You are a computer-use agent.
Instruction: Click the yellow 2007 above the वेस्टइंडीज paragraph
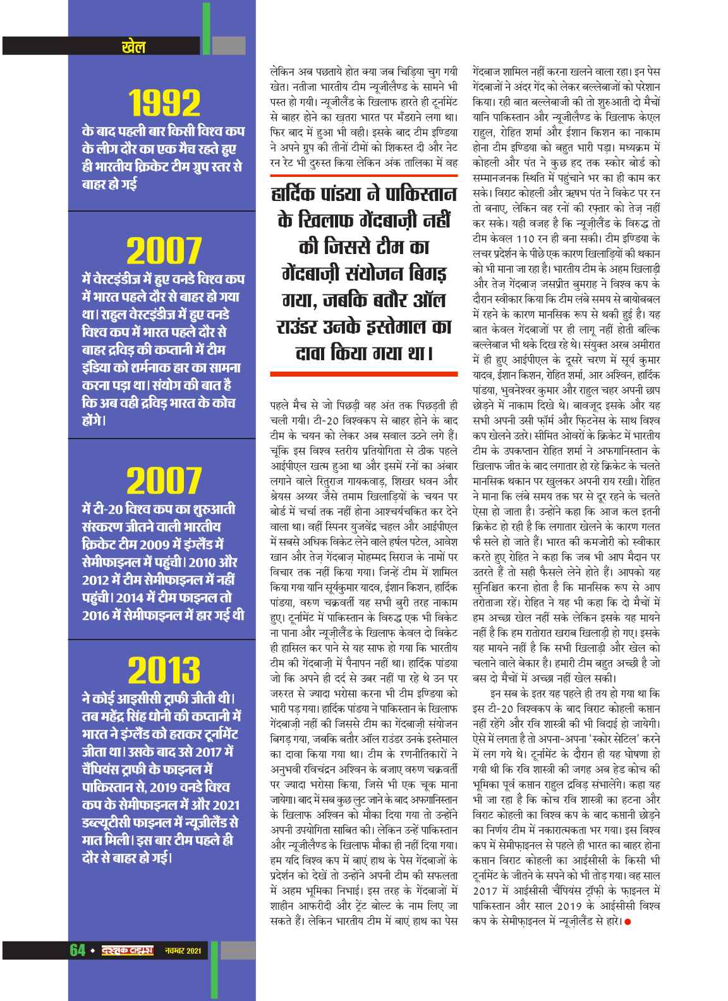point(163,252)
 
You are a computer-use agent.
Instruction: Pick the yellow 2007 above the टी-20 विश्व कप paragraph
point(163,481)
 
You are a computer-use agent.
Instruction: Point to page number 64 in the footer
point(77,950)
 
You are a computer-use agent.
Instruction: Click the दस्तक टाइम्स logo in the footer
point(126,950)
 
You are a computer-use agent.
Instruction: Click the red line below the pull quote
point(362,371)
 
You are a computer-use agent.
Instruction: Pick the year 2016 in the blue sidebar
point(99,614)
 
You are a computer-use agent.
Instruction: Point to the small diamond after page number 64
point(92,950)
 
